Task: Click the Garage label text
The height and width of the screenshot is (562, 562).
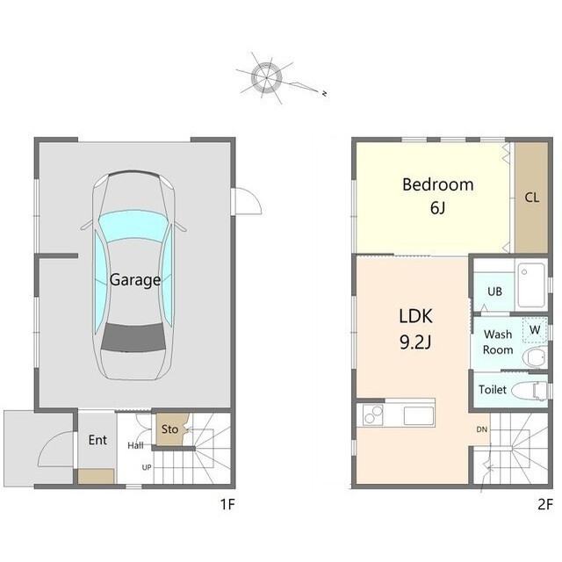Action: tap(135, 280)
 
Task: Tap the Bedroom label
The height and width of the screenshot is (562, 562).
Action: tap(438, 184)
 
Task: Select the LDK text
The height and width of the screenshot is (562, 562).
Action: tap(415, 316)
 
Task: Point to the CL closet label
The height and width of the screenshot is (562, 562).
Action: tap(531, 198)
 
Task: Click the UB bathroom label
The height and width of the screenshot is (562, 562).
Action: tap(494, 292)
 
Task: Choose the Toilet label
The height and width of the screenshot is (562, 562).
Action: tap(493, 390)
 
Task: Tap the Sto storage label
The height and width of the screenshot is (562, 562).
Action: tap(169, 429)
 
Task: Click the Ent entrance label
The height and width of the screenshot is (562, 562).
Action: tap(97, 440)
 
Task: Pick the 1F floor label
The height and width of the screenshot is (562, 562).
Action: tap(227, 505)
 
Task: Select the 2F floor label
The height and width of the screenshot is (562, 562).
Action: tap(545, 505)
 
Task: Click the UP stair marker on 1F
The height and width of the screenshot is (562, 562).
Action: tap(147, 467)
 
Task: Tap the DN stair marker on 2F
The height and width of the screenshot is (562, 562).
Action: tap(482, 429)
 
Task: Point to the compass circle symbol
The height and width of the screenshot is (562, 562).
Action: tap(266, 77)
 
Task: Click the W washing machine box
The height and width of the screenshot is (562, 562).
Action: tap(535, 329)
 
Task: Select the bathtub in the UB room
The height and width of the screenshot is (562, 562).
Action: tap(531, 285)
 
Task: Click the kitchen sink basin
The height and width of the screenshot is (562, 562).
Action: tap(419, 415)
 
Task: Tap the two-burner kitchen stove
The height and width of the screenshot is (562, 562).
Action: tap(372, 414)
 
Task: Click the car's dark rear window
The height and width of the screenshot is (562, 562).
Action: tap(133, 337)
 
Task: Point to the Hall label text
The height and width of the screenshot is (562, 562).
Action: tap(135, 445)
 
